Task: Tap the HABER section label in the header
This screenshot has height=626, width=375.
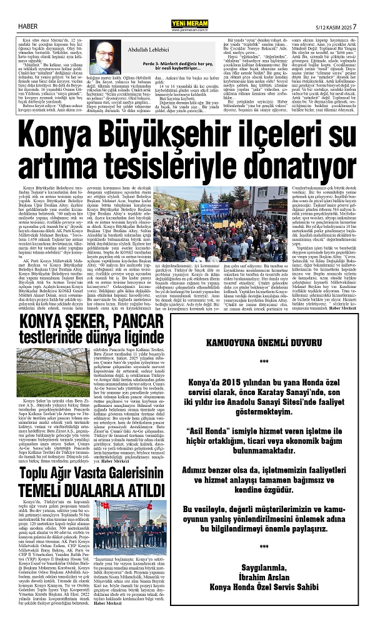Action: (x=26, y=9)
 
